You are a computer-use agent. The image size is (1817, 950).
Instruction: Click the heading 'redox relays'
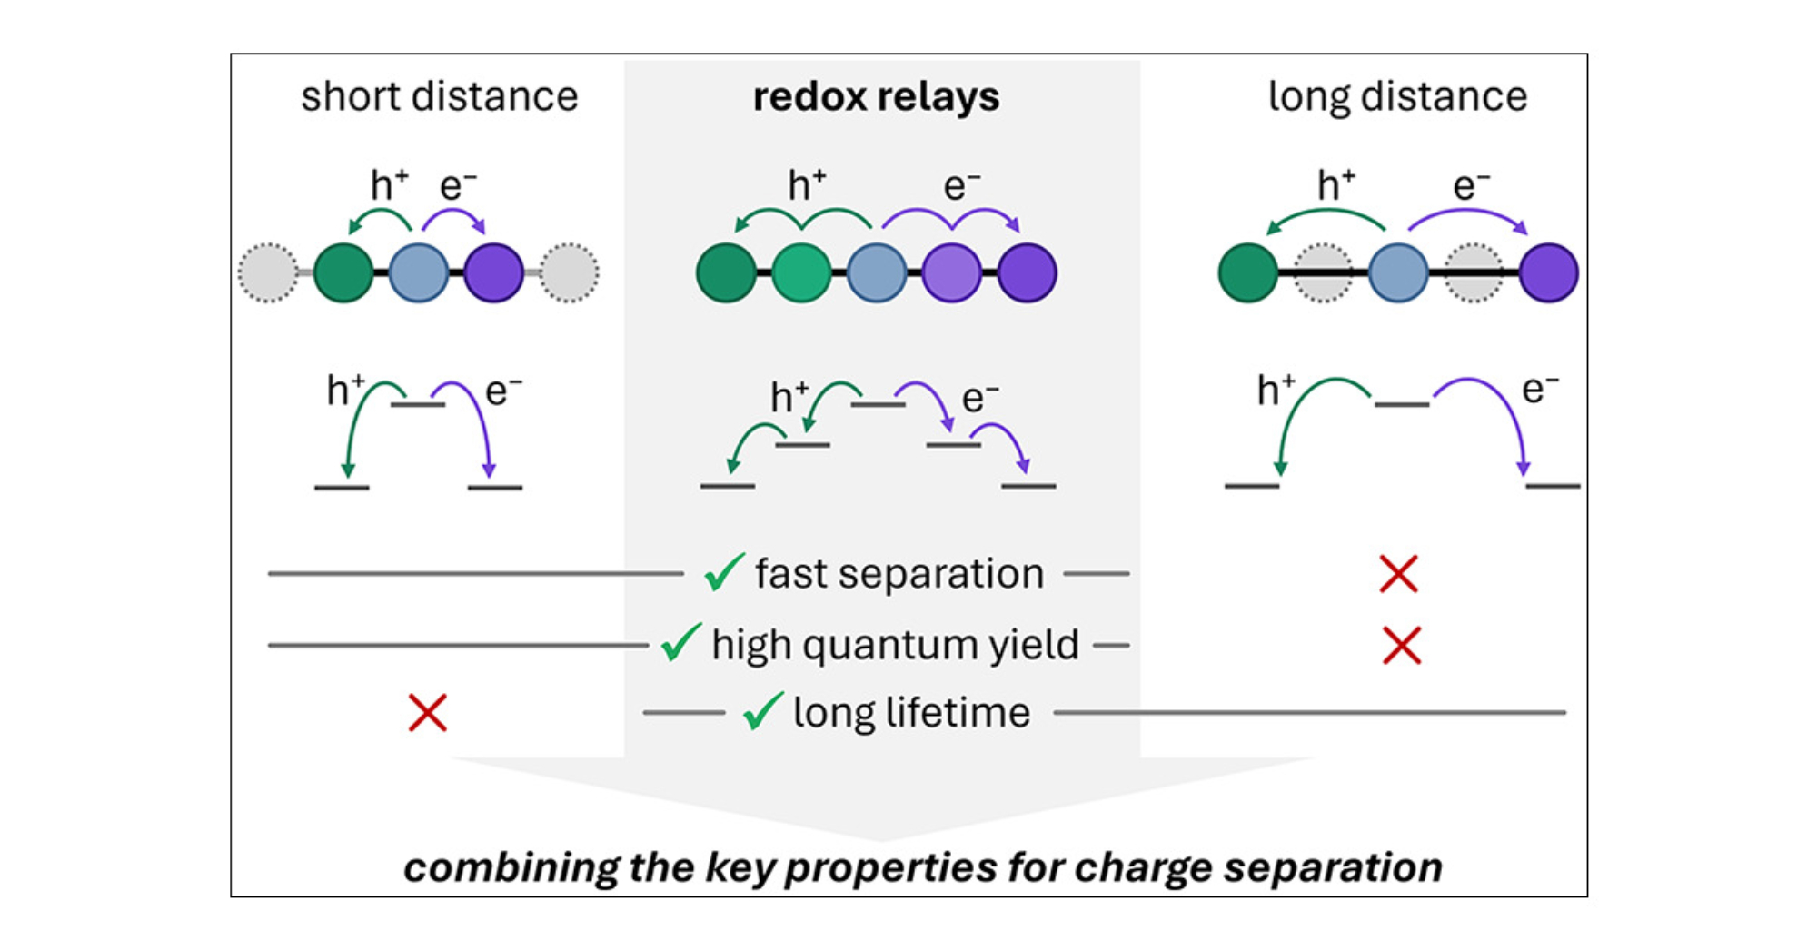[x=876, y=97]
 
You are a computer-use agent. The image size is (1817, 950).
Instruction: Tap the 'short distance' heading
[x=439, y=96]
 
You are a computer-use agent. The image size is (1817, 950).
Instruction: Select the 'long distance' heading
[x=1397, y=96]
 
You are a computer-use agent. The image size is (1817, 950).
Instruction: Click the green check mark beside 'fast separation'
[x=724, y=573]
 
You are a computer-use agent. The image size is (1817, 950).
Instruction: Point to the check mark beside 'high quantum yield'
[x=680, y=643]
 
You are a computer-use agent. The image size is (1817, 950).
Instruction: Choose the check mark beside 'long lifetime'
[x=763, y=711]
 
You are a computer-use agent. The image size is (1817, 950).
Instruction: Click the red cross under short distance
[x=427, y=713]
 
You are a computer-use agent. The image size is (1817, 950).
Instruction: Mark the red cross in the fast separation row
[x=1398, y=574]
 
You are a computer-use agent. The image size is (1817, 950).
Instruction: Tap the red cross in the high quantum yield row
[x=1401, y=645]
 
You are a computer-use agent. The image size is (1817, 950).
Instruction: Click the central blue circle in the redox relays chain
[x=877, y=272]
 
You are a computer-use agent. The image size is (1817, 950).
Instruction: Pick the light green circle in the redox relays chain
[x=801, y=272]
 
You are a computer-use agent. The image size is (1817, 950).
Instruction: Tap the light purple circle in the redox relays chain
[x=951, y=272]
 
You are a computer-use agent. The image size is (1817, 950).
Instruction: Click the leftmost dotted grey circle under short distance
[x=268, y=272]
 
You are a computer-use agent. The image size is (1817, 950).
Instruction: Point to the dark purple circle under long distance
[x=1548, y=272]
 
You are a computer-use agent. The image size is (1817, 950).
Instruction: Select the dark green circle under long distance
[x=1247, y=272]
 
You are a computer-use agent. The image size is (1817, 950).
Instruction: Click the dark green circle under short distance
[x=343, y=272]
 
